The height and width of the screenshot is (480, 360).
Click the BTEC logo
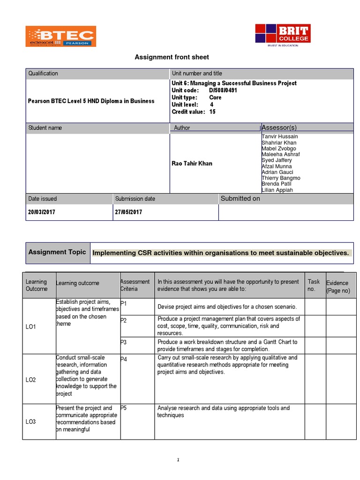coord(61,37)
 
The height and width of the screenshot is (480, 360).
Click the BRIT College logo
coord(282,34)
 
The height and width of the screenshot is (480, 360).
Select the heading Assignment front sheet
coord(172,57)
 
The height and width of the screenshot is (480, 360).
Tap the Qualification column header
coord(43,74)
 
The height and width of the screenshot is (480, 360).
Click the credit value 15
coord(212,112)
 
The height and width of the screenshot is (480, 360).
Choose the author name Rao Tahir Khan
coord(192,164)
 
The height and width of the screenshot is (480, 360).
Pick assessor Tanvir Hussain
coord(279,136)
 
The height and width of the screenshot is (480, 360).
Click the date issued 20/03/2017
coord(42,212)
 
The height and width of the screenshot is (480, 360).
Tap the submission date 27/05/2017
coord(128,212)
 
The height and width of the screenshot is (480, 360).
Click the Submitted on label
coord(240,199)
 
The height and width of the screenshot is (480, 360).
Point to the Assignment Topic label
coord(57,252)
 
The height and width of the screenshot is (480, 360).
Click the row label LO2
coord(31,380)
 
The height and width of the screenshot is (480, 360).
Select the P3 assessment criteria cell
coord(124,343)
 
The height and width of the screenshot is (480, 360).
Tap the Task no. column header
coord(314,285)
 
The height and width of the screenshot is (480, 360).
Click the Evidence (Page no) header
coord(337,287)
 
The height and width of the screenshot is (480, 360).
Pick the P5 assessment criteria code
coord(124,408)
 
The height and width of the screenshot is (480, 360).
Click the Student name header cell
coord(45,128)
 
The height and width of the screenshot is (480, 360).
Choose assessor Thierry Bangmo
coord(281,178)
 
